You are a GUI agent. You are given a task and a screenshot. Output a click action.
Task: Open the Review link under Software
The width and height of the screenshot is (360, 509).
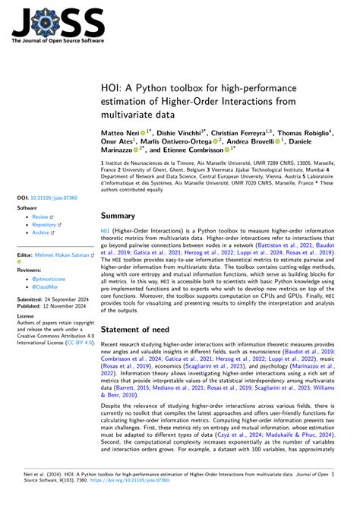click(x=40, y=216)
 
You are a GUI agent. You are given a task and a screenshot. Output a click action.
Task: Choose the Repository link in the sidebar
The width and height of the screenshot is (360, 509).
click(x=44, y=225)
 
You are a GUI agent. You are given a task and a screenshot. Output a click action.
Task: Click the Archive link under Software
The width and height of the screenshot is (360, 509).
click(x=41, y=234)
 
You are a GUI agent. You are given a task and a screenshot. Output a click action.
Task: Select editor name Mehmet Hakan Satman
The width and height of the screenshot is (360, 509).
click(x=63, y=256)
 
